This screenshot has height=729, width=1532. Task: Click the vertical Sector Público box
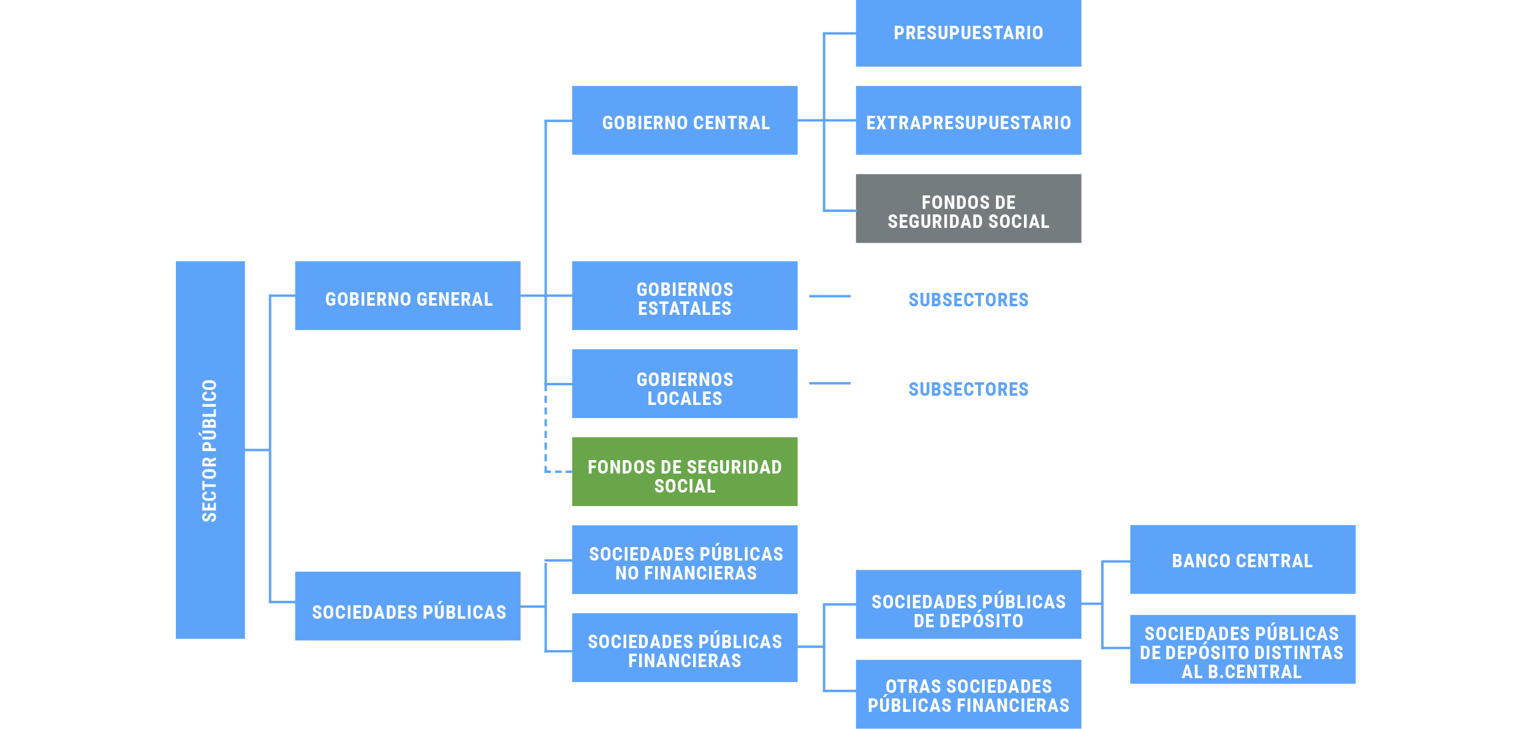coord(210,450)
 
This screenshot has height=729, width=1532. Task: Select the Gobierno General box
coord(408,296)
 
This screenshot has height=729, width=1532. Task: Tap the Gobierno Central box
coord(684,121)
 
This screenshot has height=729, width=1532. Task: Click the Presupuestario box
coord(968,33)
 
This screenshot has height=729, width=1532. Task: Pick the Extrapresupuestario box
coord(968,121)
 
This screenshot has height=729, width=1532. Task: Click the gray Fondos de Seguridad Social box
coord(968,209)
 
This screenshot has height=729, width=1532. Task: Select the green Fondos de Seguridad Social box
coord(684,472)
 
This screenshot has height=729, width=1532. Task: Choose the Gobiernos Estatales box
coord(684,296)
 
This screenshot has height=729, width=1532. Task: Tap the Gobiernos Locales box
coord(684,384)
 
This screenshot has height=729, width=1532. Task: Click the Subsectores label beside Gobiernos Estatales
coord(968,300)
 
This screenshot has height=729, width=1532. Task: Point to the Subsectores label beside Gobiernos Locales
coord(968,389)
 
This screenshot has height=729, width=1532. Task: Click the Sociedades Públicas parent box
coord(408,606)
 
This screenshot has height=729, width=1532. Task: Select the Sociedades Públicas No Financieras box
coord(684,560)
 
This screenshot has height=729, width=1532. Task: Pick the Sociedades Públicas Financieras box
coord(684,648)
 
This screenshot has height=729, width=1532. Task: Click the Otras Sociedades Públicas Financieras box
coord(968,695)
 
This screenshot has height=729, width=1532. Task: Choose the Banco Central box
coord(1242,560)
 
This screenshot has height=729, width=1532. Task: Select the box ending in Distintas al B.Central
coord(1242,650)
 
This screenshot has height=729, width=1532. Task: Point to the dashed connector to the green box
coord(546,441)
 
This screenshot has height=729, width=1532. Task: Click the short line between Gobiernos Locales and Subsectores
coord(830,383)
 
